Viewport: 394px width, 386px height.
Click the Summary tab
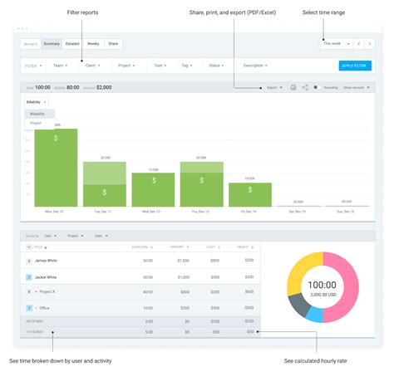pos(52,42)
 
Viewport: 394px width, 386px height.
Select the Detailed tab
pos(73,42)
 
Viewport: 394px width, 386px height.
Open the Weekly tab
pos(94,42)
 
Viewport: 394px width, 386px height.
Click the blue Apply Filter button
pos(355,65)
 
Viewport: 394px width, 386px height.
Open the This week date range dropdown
pos(335,42)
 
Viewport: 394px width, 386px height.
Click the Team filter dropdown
pos(60,65)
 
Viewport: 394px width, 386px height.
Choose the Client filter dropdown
pos(93,65)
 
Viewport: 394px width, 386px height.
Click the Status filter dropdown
pos(216,65)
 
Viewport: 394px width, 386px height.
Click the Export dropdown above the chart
pos(273,87)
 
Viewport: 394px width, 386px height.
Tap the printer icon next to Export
pos(293,87)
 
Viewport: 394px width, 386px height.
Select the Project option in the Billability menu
pos(36,123)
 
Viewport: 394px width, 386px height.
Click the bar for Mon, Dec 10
pos(56,167)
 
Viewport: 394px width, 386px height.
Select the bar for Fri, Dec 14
pos(249,193)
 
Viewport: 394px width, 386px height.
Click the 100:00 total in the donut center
pos(322,285)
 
